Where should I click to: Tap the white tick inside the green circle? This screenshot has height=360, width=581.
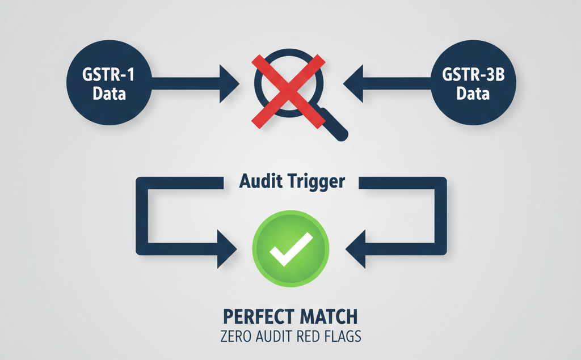(290, 249)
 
